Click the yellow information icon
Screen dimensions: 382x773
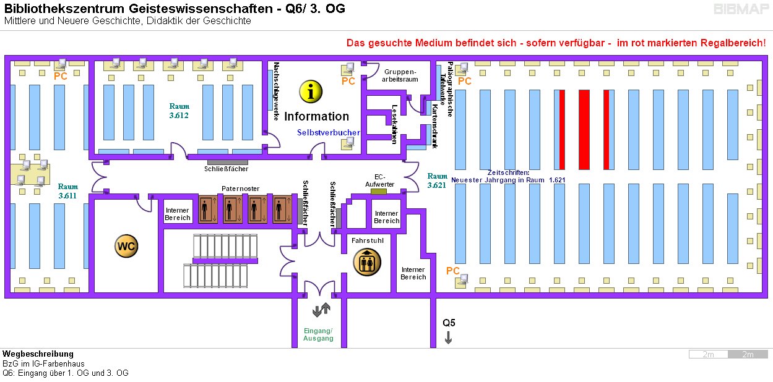[x=311, y=91]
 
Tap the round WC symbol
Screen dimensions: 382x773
[x=126, y=246]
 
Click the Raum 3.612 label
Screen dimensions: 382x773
[x=179, y=111]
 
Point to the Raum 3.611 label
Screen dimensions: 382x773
[x=68, y=191]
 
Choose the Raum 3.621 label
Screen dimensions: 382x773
[x=437, y=180]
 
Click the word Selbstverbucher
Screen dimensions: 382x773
[x=328, y=132]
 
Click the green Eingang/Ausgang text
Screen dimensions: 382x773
[x=318, y=334]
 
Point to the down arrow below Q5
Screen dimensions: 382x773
[x=448, y=337]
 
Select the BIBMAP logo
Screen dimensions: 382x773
[x=741, y=9]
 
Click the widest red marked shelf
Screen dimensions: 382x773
[x=584, y=129]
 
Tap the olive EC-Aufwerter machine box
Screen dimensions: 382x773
[x=378, y=191]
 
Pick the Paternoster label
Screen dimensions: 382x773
[x=240, y=189]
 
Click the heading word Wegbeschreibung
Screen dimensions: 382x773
[x=38, y=354]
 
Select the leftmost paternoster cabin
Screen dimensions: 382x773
[x=209, y=210]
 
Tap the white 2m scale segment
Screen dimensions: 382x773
[x=709, y=354]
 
